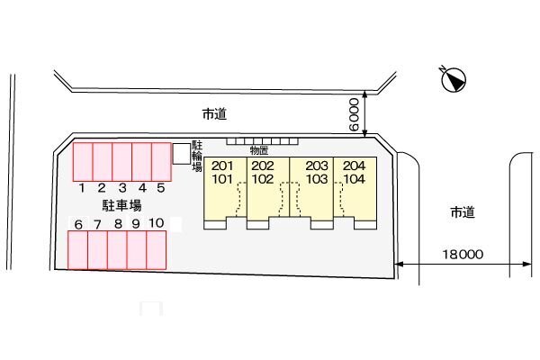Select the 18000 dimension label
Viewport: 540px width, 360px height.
pos(463,255)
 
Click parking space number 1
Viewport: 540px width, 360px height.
pos(82,161)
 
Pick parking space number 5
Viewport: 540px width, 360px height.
pos(161,161)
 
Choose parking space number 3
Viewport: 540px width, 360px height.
pos(121,161)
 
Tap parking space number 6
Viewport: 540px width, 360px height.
pos(78,250)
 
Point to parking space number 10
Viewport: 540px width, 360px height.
pos(157,250)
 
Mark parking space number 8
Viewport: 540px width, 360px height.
pos(117,250)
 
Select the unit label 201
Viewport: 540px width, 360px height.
pos(222,166)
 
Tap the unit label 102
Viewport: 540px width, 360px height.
pos(263,178)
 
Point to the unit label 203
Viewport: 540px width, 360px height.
pos(316,166)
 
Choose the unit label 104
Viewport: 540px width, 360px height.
pos(355,178)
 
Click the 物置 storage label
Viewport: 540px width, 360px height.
pos(259,150)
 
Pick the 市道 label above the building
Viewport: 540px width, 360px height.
pos(213,114)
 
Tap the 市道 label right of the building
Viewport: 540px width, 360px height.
pos(462,212)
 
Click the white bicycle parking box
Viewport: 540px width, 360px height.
pos(182,154)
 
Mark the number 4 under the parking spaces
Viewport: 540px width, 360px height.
pos(141,188)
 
